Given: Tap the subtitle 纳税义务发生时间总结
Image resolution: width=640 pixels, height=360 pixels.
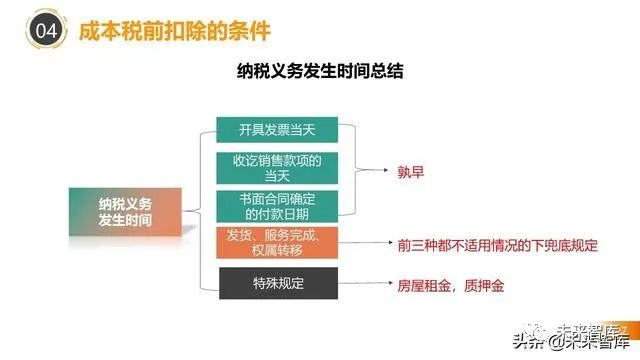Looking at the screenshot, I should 320,72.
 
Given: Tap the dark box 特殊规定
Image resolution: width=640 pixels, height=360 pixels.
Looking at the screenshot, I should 277,285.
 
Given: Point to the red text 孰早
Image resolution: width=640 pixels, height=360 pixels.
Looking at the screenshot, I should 411,171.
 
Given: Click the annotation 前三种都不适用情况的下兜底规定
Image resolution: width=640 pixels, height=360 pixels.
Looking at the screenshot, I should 494,243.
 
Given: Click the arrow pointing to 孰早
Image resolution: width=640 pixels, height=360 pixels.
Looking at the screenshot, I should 364,171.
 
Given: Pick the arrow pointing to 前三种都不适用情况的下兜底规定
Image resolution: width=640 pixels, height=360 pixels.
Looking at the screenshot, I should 364,243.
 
